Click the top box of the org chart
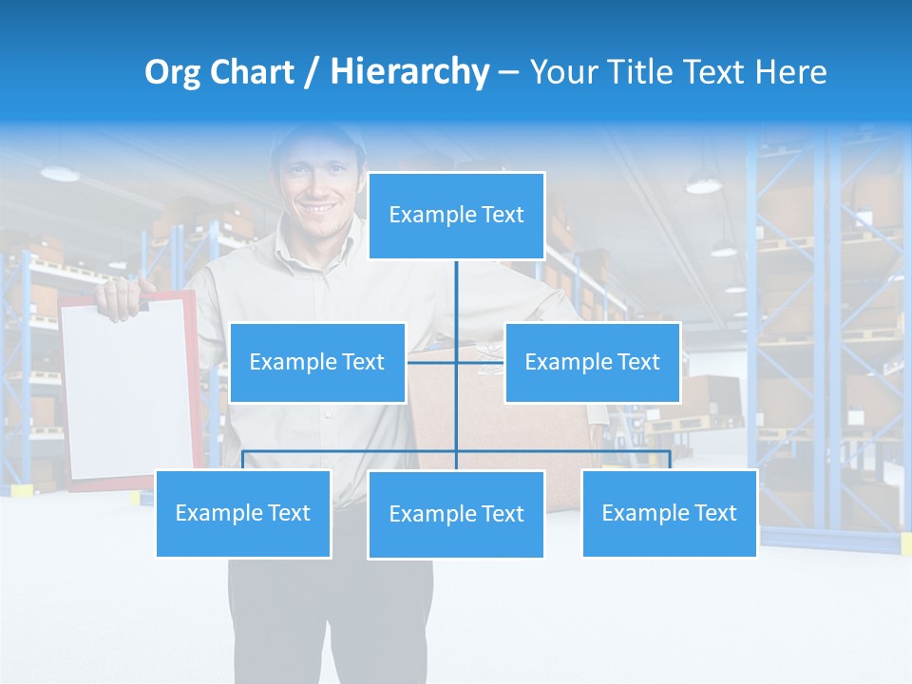coord(456,216)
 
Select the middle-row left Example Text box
coord(317,362)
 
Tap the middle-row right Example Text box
coord(592,362)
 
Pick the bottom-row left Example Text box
coord(243,513)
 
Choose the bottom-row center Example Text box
coord(456,514)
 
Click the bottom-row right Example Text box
coord(669,513)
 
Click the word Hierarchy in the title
coord(409,72)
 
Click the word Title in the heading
coord(645,72)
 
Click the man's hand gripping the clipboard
coord(120,296)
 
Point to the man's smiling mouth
coord(319,207)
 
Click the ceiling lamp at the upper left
coord(60,174)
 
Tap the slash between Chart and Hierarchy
coord(312,72)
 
